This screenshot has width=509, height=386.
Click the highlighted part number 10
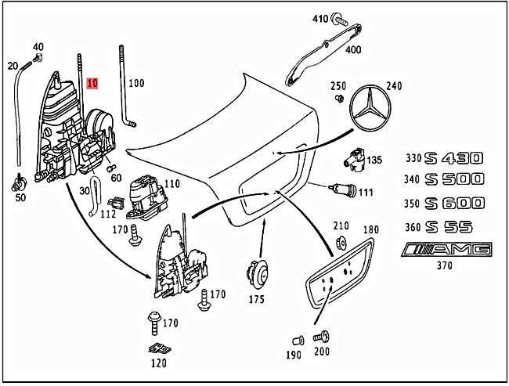click(93, 82)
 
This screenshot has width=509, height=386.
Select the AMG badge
click(446, 250)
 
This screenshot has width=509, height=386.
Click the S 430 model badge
click(455, 157)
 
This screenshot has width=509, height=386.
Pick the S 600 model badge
click(455, 203)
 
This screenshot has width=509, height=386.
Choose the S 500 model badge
click(455, 179)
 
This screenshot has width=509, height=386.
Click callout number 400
click(353, 50)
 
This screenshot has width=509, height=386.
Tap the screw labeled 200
click(321, 337)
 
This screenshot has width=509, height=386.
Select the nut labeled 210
click(341, 242)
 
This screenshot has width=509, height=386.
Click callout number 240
click(393, 86)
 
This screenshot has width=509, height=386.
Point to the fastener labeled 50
click(17, 186)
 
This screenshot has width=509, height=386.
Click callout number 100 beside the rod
click(136, 82)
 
